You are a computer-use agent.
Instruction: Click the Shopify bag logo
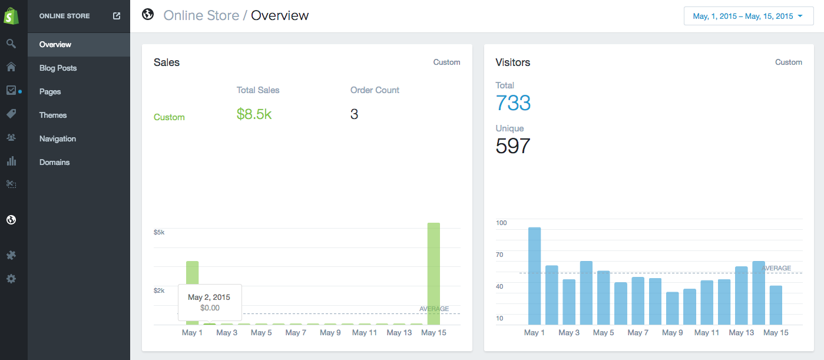(11, 16)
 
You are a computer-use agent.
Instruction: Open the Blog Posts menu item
(58, 68)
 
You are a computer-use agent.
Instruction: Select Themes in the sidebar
(53, 115)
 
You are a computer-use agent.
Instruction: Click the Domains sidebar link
(54, 163)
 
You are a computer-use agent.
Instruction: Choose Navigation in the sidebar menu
(58, 139)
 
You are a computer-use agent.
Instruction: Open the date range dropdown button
(748, 16)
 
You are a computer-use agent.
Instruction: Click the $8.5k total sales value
(254, 114)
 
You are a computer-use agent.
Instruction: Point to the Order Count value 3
(354, 114)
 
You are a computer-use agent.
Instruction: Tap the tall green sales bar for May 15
(433, 273)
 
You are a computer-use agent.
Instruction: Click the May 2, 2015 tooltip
(209, 302)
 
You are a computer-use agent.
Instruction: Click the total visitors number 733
(513, 103)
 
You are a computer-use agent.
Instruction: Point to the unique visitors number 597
(513, 146)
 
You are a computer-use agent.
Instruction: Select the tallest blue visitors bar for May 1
(534, 276)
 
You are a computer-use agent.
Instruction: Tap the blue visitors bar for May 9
(672, 308)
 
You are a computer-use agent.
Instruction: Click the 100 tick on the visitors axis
(501, 223)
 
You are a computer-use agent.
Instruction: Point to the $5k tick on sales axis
(159, 232)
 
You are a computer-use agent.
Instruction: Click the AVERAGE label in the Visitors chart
(776, 268)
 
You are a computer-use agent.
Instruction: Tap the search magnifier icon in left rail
(11, 44)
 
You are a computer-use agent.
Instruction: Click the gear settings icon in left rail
(11, 279)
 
